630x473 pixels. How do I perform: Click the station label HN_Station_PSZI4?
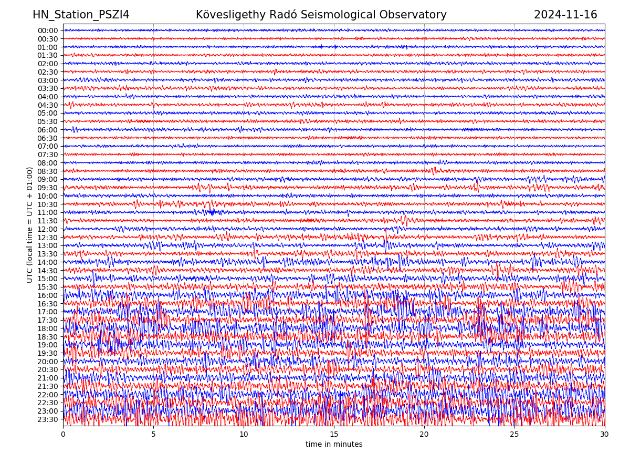coord(81,15)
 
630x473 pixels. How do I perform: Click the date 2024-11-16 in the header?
coord(565,15)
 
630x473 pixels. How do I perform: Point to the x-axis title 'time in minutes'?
coord(334,445)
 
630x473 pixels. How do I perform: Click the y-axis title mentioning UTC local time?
coord(30,225)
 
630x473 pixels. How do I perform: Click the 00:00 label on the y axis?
coord(48,30)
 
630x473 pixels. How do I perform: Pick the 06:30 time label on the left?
coord(48,138)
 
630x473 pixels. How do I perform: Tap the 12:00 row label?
coord(48,229)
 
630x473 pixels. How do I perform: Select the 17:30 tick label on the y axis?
coord(48,320)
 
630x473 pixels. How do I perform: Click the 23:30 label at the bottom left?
coord(48,419)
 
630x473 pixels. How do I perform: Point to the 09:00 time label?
coord(48,179)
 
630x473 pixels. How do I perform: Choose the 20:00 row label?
coord(48,362)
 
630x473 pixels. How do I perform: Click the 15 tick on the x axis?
coord(334,435)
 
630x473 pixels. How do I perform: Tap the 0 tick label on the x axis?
coord(63,435)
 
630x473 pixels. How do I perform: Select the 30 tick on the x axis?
coord(605,435)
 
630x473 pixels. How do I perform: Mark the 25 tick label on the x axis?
coord(514,435)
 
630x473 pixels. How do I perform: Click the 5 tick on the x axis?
coord(153,435)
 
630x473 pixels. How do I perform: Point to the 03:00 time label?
coord(48,80)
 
